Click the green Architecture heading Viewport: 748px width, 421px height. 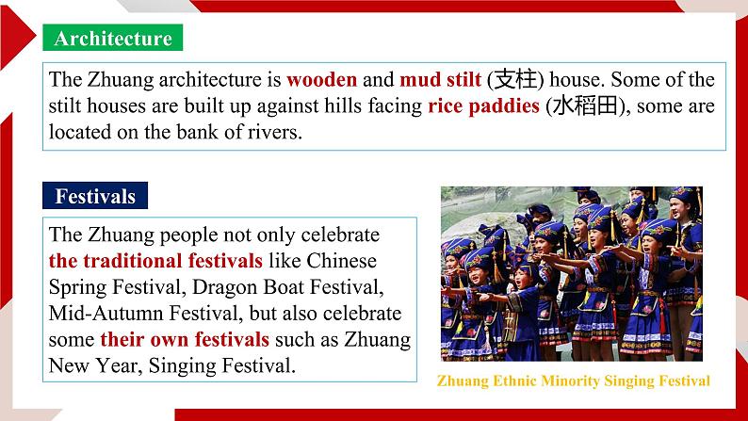pos(113,38)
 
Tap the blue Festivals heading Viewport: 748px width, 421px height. pos(95,196)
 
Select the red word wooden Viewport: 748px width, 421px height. pos(321,80)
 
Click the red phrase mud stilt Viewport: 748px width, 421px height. pos(440,80)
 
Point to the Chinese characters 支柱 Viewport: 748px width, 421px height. pos(514,80)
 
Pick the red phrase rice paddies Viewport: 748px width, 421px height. pos(483,106)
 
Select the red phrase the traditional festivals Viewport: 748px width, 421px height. pos(155,261)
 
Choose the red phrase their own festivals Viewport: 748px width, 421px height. pos(185,339)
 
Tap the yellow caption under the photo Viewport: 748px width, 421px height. pos(574,381)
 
